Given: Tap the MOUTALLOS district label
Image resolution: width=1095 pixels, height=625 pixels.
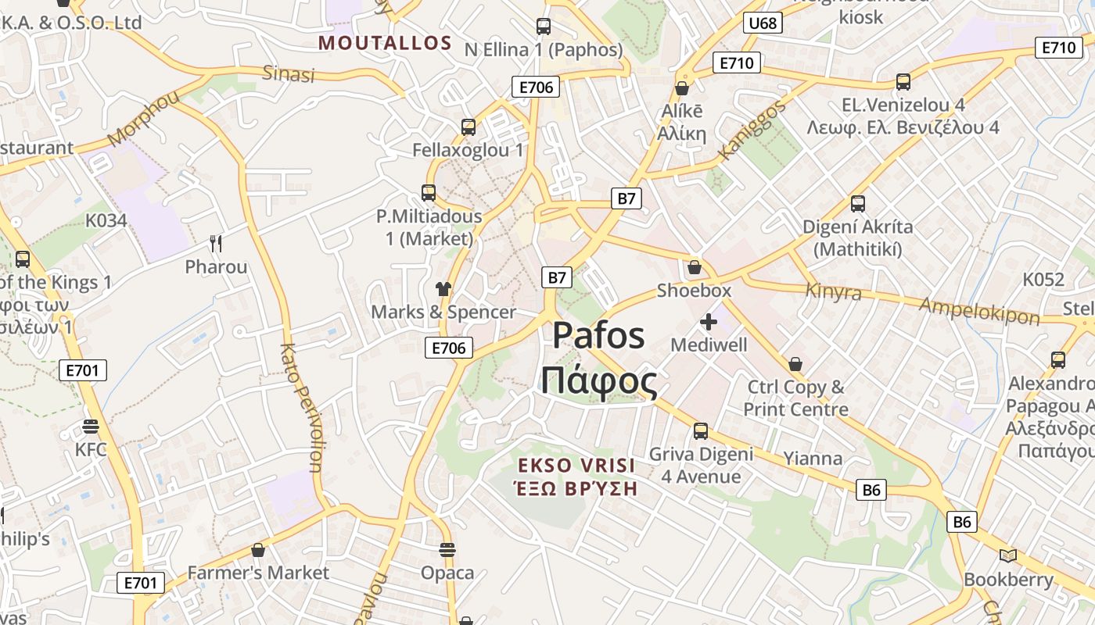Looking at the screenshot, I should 385,43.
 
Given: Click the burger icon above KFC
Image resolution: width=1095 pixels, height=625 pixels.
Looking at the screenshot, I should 91,427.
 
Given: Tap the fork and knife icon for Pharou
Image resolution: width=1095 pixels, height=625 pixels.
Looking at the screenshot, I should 216,244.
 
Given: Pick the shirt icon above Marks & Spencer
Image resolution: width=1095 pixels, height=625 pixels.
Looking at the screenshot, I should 443,289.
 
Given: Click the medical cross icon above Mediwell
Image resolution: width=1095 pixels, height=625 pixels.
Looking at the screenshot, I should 709,322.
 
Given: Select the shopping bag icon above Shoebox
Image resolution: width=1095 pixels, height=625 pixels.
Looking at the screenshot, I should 694,268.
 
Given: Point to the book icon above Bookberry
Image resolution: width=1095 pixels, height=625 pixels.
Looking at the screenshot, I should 1008,555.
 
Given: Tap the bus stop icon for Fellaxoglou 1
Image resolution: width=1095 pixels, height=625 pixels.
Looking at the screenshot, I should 469,127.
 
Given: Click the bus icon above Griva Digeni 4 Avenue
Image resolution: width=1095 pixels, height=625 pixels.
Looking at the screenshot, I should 701,431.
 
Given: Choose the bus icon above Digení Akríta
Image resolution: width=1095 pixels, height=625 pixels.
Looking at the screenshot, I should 858,204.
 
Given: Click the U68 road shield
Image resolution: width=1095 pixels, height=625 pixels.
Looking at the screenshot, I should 763,23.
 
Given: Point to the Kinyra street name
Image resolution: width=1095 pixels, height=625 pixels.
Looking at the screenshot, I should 833,292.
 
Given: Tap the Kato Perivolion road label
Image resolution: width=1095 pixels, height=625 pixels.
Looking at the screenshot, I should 300,408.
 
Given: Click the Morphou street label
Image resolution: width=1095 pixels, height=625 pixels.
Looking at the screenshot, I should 143,119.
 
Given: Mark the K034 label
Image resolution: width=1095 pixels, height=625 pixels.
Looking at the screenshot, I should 106,220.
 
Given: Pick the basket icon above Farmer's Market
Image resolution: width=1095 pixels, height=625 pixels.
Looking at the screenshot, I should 258,550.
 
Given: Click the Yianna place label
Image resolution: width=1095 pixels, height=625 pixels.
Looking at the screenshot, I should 813,459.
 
